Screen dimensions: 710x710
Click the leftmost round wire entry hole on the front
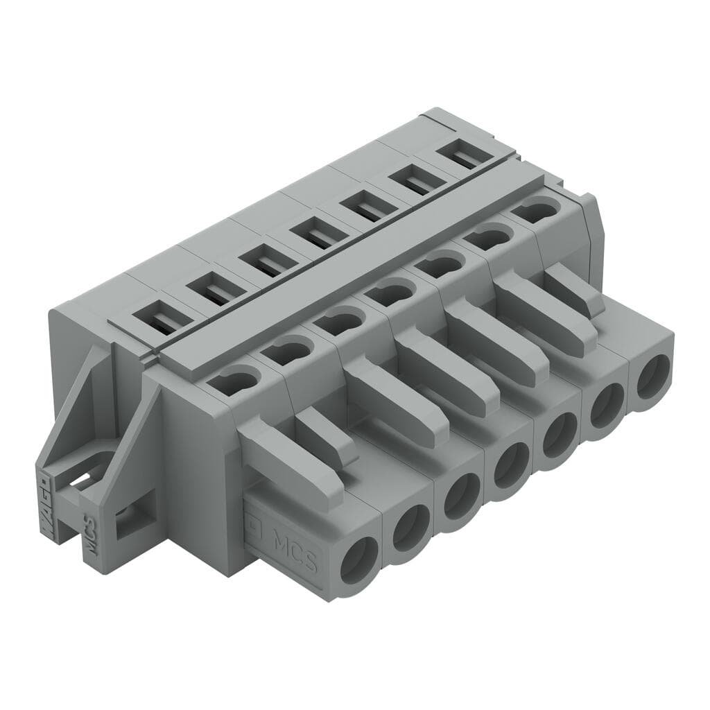click(359, 560)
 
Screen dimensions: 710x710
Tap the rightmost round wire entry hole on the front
click(653, 376)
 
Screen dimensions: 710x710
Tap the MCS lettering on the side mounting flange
click(90, 533)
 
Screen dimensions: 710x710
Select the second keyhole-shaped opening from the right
click(489, 238)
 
